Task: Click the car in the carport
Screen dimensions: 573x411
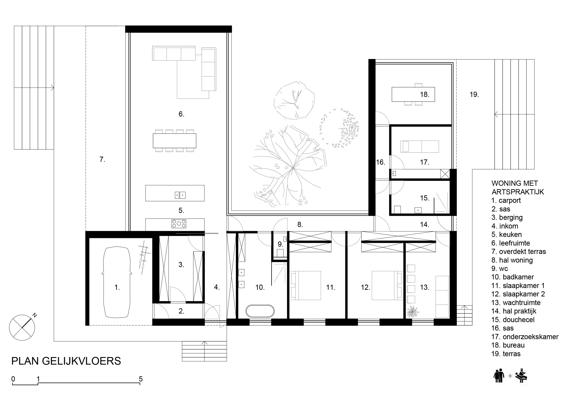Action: point(117,282)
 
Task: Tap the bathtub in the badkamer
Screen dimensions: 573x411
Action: point(260,311)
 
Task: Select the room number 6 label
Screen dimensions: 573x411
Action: point(182,114)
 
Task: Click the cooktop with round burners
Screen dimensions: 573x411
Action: point(179,224)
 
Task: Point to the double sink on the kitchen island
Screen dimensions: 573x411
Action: point(180,195)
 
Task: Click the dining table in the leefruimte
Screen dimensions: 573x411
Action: point(175,141)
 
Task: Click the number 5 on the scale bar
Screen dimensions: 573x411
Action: point(141,379)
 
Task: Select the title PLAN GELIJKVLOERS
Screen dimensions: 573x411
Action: point(66,361)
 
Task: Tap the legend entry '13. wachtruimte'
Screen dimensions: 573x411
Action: point(516,302)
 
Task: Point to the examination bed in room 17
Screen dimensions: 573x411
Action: point(420,146)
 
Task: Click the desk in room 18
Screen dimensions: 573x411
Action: point(413,94)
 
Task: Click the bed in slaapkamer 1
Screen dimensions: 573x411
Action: point(305,285)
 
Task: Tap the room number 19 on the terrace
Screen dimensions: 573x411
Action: point(474,94)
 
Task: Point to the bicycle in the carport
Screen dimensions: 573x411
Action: point(144,257)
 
